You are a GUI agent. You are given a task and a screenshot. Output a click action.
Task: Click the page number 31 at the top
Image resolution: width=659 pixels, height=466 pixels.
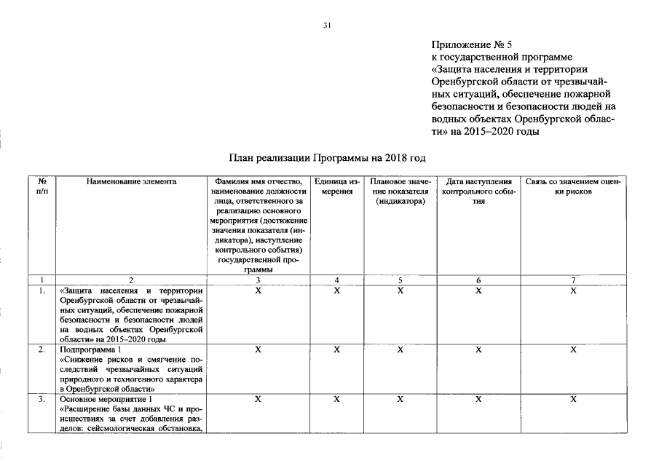(x=327, y=26)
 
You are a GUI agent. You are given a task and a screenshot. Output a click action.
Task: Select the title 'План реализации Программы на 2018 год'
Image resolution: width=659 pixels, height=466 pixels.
(x=326, y=157)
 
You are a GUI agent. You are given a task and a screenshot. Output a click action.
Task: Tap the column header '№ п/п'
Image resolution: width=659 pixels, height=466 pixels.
(x=42, y=186)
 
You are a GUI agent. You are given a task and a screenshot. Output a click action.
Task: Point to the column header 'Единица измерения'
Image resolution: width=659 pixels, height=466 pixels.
(x=336, y=186)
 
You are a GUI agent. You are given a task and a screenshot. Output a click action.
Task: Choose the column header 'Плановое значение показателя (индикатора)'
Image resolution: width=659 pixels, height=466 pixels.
(x=400, y=191)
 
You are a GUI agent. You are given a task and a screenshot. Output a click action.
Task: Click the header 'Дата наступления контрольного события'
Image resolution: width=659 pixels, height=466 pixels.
(x=478, y=191)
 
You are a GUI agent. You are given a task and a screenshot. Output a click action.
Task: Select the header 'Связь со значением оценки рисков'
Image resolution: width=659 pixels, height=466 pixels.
(x=572, y=186)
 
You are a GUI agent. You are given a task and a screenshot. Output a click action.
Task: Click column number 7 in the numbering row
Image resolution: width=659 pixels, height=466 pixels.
(x=572, y=280)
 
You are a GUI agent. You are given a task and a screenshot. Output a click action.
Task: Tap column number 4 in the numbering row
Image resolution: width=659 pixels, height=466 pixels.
(x=336, y=280)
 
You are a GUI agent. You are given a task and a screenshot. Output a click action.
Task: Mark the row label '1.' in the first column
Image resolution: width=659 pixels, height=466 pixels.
(x=42, y=291)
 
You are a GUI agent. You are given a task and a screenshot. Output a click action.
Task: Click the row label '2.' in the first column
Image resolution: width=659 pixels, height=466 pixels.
(x=42, y=350)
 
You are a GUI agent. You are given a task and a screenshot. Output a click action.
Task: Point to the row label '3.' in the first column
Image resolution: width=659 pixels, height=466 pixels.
(x=42, y=400)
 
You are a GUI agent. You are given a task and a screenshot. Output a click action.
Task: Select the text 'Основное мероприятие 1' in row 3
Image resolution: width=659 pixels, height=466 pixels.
(x=106, y=400)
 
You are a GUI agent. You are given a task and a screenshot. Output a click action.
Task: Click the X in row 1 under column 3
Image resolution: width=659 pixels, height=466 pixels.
(x=258, y=291)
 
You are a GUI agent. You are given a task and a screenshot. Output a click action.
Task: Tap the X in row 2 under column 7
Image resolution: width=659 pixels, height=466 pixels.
(x=572, y=350)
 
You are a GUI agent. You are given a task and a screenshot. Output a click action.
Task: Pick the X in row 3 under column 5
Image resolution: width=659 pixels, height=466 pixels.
(x=400, y=400)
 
